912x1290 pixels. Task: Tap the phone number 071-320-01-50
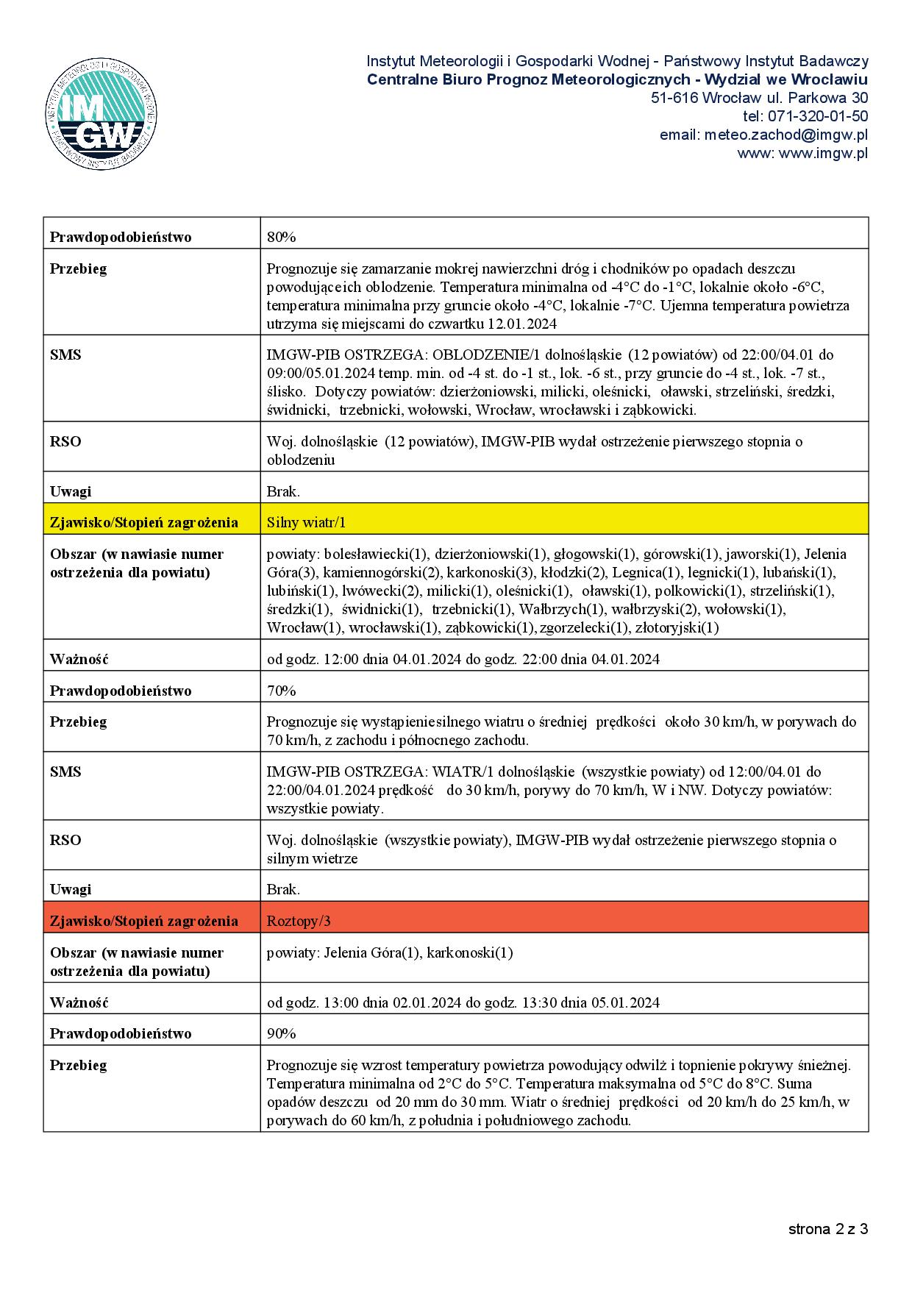pyautogui.click(x=818, y=116)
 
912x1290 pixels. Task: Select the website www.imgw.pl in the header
pyautogui.click(x=823, y=153)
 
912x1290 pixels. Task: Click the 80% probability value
pyautogui.click(x=281, y=237)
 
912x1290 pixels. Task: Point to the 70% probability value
pyautogui.click(x=281, y=691)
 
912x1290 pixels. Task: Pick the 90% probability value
pyautogui.click(x=281, y=1033)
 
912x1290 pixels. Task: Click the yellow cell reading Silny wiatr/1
pyautogui.click(x=306, y=523)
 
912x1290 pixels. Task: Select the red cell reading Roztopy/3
pyautogui.click(x=304, y=921)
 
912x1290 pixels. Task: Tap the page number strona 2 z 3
pyautogui.click(x=828, y=1229)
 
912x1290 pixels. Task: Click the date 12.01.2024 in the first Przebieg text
pyautogui.click(x=522, y=324)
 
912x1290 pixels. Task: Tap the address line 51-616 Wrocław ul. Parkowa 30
pyautogui.click(x=759, y=98)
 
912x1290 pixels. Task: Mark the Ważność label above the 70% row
pyautogui.click(x=79, y=659)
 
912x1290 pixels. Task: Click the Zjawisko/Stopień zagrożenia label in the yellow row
pyautogui.click(x=143, y=523)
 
